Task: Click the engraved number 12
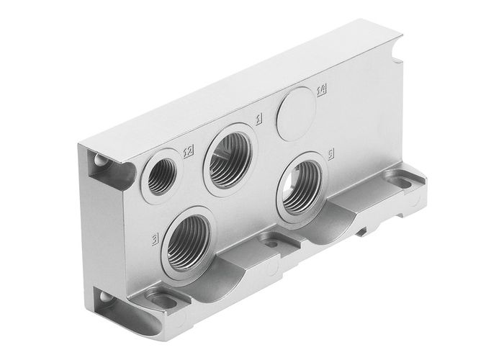click(189, 150)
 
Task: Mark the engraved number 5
click(330, 154)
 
